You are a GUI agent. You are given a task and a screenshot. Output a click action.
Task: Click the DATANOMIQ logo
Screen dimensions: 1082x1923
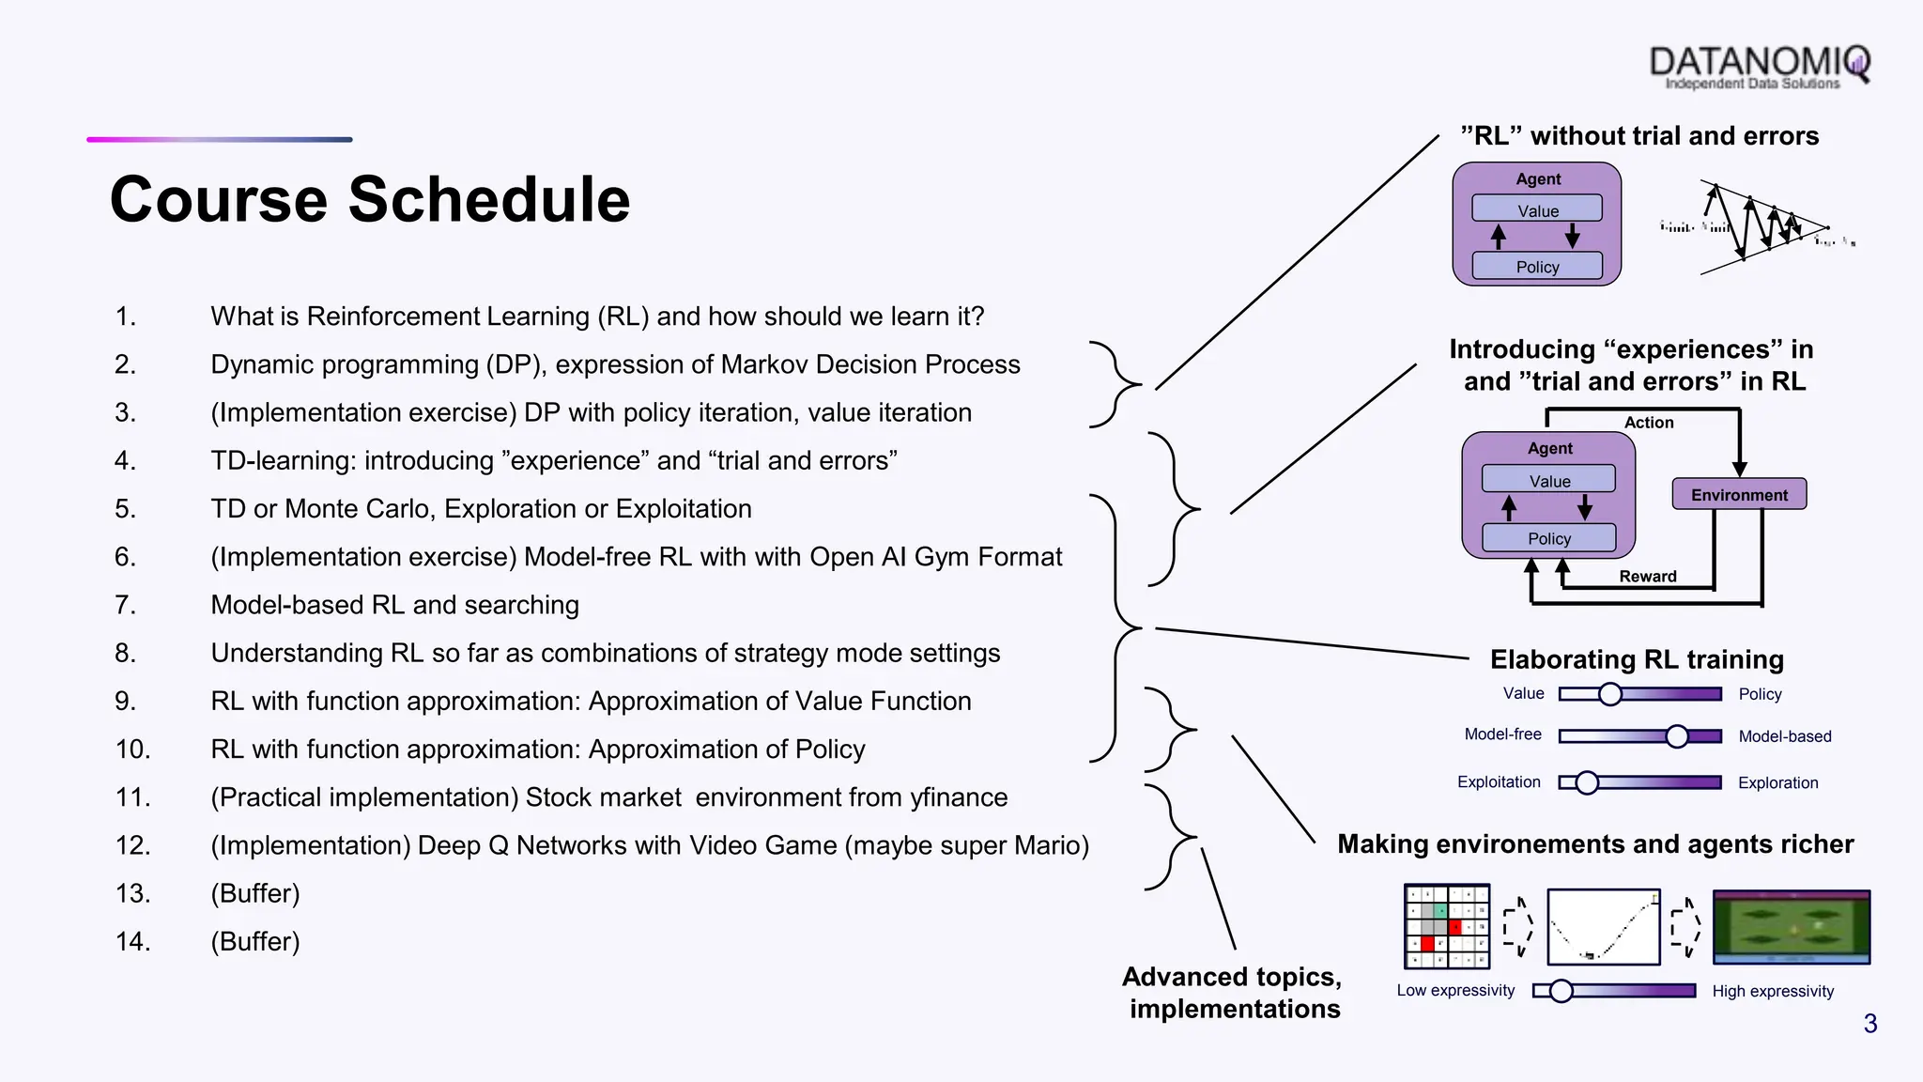tap(1759, 66)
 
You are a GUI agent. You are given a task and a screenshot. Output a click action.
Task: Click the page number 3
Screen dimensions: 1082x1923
tap(1869, 1024)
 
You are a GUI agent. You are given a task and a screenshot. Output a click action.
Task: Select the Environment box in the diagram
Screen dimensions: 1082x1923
tap(1739, 494)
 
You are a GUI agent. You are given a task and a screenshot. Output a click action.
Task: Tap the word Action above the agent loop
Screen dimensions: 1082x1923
tap(1649, 423)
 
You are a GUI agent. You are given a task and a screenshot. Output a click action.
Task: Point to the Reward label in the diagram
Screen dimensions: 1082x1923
tap(1647, 577)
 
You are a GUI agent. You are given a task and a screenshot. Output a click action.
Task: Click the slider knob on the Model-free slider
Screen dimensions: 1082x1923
tap(1677, 736)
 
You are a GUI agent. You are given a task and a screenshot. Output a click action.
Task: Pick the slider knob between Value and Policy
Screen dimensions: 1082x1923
tap(1610, 694)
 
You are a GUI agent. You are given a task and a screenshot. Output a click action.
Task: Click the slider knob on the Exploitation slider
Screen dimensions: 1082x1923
tap(1587, 782)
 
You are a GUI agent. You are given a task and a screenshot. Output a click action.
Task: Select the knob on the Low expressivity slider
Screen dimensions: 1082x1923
tap(1561, 991)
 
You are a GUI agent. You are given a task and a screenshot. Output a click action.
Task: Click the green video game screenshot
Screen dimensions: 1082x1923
tap(1792, 927)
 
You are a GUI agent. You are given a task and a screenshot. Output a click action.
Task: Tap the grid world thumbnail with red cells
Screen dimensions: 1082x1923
tap(1447, 926)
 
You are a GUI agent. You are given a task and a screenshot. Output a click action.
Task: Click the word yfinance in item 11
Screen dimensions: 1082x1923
tap(959, 797)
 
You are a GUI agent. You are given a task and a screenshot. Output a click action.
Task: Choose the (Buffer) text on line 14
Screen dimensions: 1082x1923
tap(255, 941)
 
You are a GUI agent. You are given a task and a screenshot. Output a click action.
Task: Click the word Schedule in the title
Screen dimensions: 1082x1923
tap(489, 200)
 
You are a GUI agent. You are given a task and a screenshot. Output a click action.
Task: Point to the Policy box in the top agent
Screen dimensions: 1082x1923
tap(1537, 267)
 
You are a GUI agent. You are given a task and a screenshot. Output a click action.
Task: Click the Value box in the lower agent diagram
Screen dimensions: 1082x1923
tap(1549, 481)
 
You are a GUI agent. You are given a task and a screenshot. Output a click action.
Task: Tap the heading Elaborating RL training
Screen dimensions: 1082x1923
tap(1637, 659)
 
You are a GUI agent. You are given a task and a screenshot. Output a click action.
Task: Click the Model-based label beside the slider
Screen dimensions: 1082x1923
tap(1784, 736)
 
